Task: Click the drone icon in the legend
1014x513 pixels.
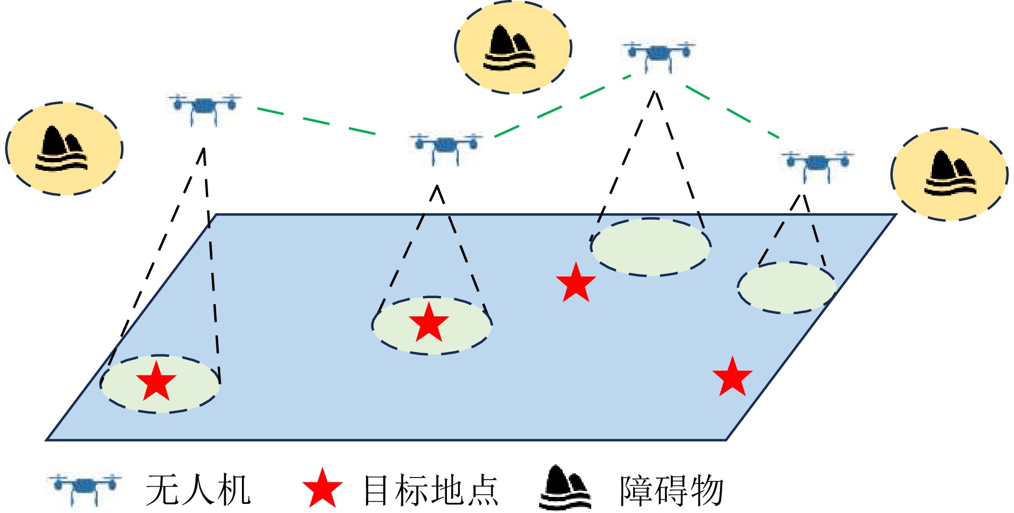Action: [x=84, y=488]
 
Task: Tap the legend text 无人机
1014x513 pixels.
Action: [x=198, y=490]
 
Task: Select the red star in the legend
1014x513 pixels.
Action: [x=322, y=489]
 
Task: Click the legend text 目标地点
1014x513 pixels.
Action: [x=431, y=490]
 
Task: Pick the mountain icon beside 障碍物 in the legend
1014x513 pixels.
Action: [x=565, y=488]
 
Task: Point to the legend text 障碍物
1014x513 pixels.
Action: [x=671, y=490]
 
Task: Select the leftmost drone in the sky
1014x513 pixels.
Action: [x=204, y=107]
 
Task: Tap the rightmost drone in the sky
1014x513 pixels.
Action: [x=817, y=164]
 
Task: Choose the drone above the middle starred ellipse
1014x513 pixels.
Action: [x=445, y=146]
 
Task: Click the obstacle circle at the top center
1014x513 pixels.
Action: [x=513, y=47]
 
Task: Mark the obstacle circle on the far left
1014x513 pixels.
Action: [x=64, y=148]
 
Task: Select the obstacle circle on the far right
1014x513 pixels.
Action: [x=949, y=174]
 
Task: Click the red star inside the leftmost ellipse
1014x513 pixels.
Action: [x=156, y=382]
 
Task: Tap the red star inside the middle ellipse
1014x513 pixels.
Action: [x=429, y=323]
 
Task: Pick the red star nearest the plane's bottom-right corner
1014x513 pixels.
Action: [x=732, y=377]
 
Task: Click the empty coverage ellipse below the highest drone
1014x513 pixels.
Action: [x=650, y=247]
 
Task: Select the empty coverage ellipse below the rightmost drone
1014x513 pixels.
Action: [x=787, y=287]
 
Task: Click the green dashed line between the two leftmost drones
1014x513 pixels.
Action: [x=317, y=121]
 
